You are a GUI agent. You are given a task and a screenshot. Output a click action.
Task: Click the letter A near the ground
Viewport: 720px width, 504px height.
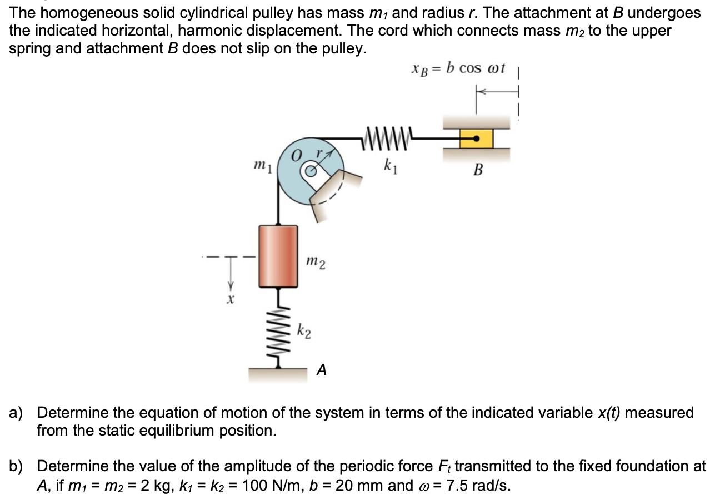[321, 369]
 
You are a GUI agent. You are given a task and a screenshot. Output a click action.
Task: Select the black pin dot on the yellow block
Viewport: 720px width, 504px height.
[476, 139]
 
